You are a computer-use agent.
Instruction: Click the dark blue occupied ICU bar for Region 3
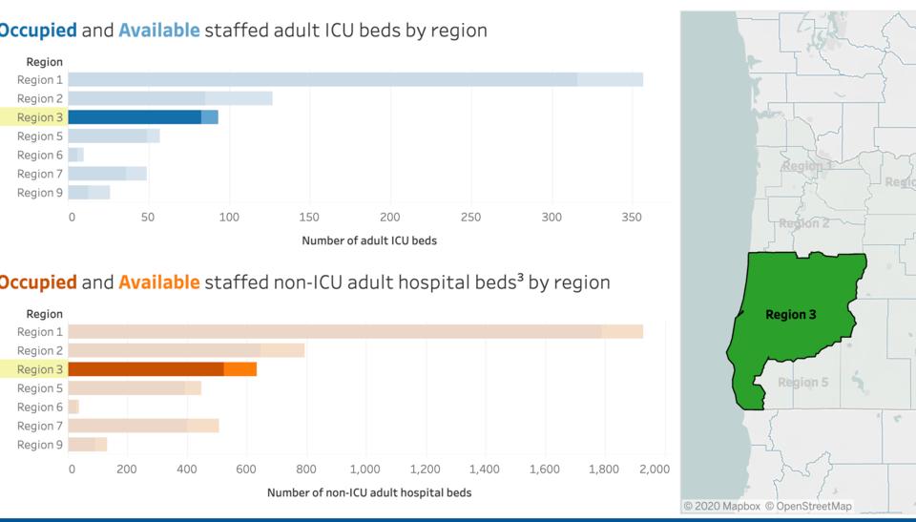(x=135, y=117)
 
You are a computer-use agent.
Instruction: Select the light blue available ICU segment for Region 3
(x=210, y=117)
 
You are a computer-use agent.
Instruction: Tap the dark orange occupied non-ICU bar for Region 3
(x=146, y=369)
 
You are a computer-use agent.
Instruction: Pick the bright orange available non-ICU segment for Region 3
(x=240, y=369)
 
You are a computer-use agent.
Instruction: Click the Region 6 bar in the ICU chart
(x=75, y=155)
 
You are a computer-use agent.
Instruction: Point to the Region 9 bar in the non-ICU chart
(x=87, y=445)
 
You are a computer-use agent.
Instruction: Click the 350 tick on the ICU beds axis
(x=632, y=217)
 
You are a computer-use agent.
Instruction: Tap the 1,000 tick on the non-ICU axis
(x=365, y=469)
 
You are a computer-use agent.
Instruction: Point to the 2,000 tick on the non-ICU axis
(x=654, y=469)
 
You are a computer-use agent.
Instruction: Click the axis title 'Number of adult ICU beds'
(x=369, y=240)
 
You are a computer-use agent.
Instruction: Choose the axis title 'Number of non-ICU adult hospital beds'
(x=369, y=492)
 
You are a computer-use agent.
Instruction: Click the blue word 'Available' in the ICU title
(x=159, y=31)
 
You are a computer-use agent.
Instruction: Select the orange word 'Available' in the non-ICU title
(x=159, y=282)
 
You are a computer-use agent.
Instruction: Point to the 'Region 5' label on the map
(x=802, y=383)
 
